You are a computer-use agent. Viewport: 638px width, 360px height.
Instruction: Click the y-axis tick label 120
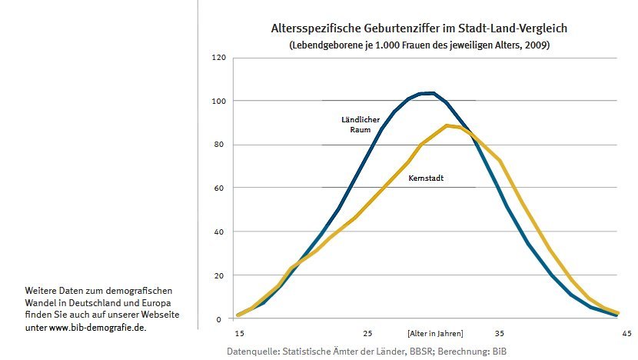click(x=219, y=58)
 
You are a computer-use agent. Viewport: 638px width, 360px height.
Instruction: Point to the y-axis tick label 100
click(x=219, y=101)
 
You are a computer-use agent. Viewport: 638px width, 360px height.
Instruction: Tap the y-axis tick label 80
click(x=221, y=145)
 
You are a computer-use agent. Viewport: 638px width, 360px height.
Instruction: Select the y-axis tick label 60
click(x=221, y=188)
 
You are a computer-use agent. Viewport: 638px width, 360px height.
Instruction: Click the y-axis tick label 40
click(x=221, y=232)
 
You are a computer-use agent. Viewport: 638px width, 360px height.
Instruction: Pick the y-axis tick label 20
click(x=221, y=275)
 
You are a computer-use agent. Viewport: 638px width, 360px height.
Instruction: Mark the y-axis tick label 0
click(x=222, y=318)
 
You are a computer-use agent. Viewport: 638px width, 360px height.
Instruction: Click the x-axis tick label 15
click(x=238, y=333)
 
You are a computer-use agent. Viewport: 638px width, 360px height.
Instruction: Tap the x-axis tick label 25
click(x=367, y=333)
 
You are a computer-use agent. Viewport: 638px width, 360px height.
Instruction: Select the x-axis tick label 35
click(x=499, y=333)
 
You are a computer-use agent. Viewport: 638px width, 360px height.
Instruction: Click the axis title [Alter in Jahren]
click(x=435, y=333)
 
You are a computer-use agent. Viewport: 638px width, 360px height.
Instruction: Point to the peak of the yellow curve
click(x=447, y=125)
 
